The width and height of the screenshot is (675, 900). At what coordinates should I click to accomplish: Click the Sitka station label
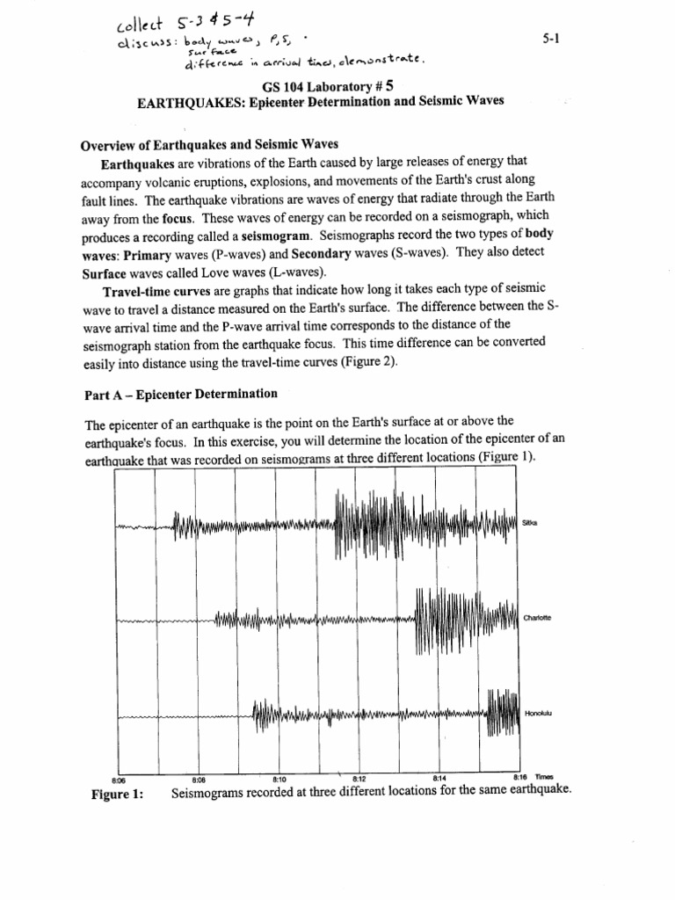point(530,522)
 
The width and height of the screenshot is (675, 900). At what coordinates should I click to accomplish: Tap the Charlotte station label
point(536,617)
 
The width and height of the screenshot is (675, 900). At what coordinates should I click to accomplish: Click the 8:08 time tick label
point(198,779)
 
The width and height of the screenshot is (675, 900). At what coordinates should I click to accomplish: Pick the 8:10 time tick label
point(280,779)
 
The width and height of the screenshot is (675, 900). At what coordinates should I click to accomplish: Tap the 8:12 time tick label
point(359,779)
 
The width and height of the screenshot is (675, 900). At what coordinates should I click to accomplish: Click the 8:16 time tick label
point(519,778)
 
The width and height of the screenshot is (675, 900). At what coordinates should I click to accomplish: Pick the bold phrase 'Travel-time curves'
point(151,316)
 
